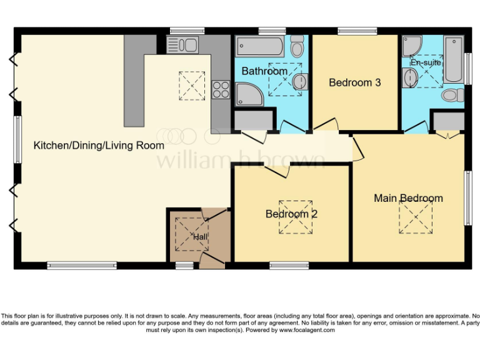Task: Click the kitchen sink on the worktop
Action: pyautogui.click(x=182, y=44)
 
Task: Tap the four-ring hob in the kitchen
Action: pyautogui.click(x=221, y=90)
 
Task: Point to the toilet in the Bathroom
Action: pyautogui.click(x=297, y=46)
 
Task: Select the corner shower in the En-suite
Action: pyautogui.click(x=413, y=45)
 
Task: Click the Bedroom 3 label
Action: pyautogui.click(x=355, y=82)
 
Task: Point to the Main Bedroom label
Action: pyautogui.click(x=408, y=198)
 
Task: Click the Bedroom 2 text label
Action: pyautogui.click(x=291, y=214)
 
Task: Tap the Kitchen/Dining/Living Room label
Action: pyautogui.click(x=99, y=146)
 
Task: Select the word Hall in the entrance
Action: pyautogui.click(x=200, y=237)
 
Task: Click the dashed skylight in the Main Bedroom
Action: pyautogui.click(x=416, y=217)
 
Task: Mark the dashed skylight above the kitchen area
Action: pyautogui.click(x=192, y=86)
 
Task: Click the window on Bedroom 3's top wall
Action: pyautogui.click(x=357, y=31)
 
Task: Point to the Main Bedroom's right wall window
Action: pyautogui.click(x=467, y=198)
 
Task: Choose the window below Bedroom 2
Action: pyautogui.click(x=289, y=266)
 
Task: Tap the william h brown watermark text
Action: pyautogui.click(x=241, y=160)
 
